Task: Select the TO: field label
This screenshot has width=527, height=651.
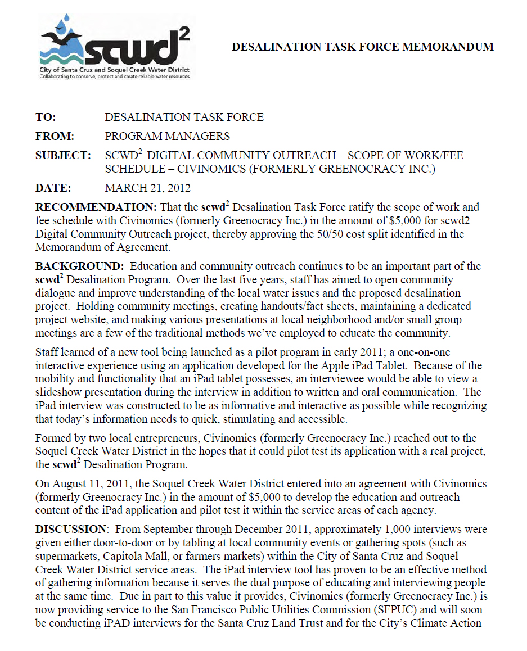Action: [x=46, y=117]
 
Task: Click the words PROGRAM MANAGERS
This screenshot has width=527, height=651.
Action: [x=168, y=136]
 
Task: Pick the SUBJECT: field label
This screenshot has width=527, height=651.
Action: [x=63, y=155]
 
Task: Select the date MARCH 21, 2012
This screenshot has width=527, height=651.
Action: [x=148, y=188]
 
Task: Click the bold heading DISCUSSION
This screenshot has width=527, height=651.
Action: [x=70, y=530]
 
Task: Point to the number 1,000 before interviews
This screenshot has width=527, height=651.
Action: [x=348, y=530]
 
